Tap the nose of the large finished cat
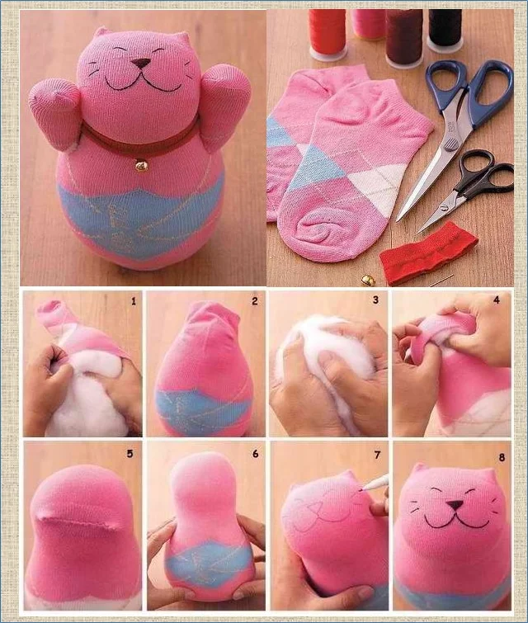click(x=141, y=64)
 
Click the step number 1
click(x=134, y=301)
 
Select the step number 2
click(x=255, y=301)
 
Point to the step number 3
click(x=375, y=300)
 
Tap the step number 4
click(x=496, y=300)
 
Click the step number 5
click(x=130, y=454)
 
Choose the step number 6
click(x=255, y=453)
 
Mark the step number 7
click(x=377, y=455)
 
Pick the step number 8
click(x=502, y=457)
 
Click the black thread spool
click(x=445, y=29)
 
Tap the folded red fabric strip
click(x=427, y=253)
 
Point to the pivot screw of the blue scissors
click(x=450, y=145)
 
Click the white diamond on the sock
click(x=377, y=182)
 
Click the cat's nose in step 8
click(x=454, y=505)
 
